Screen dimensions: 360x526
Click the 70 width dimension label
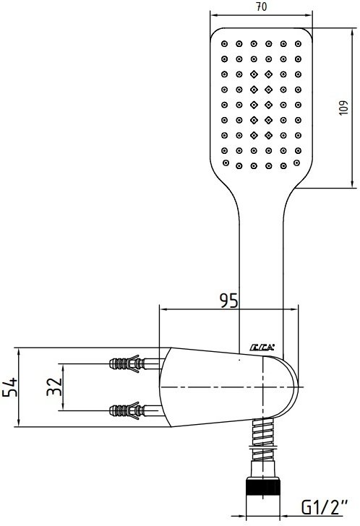pyautogui.click(x=262, y=7)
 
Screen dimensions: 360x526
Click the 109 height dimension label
pyautogui.click(x=343, y=108)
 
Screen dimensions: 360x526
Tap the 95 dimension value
pyautogui.click(x=228, y=301)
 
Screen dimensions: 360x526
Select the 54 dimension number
pyautogui.click(x=10, y=387)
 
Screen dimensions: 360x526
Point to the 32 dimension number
pyautogui.click(x=54, y=387)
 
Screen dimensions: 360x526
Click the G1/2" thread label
pyautogui.click(x=325, y=507)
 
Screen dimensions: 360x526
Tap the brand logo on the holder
pyautogui.click(x=262, y=348)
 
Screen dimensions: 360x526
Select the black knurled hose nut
pyautogui.click(x=262, y=487)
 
